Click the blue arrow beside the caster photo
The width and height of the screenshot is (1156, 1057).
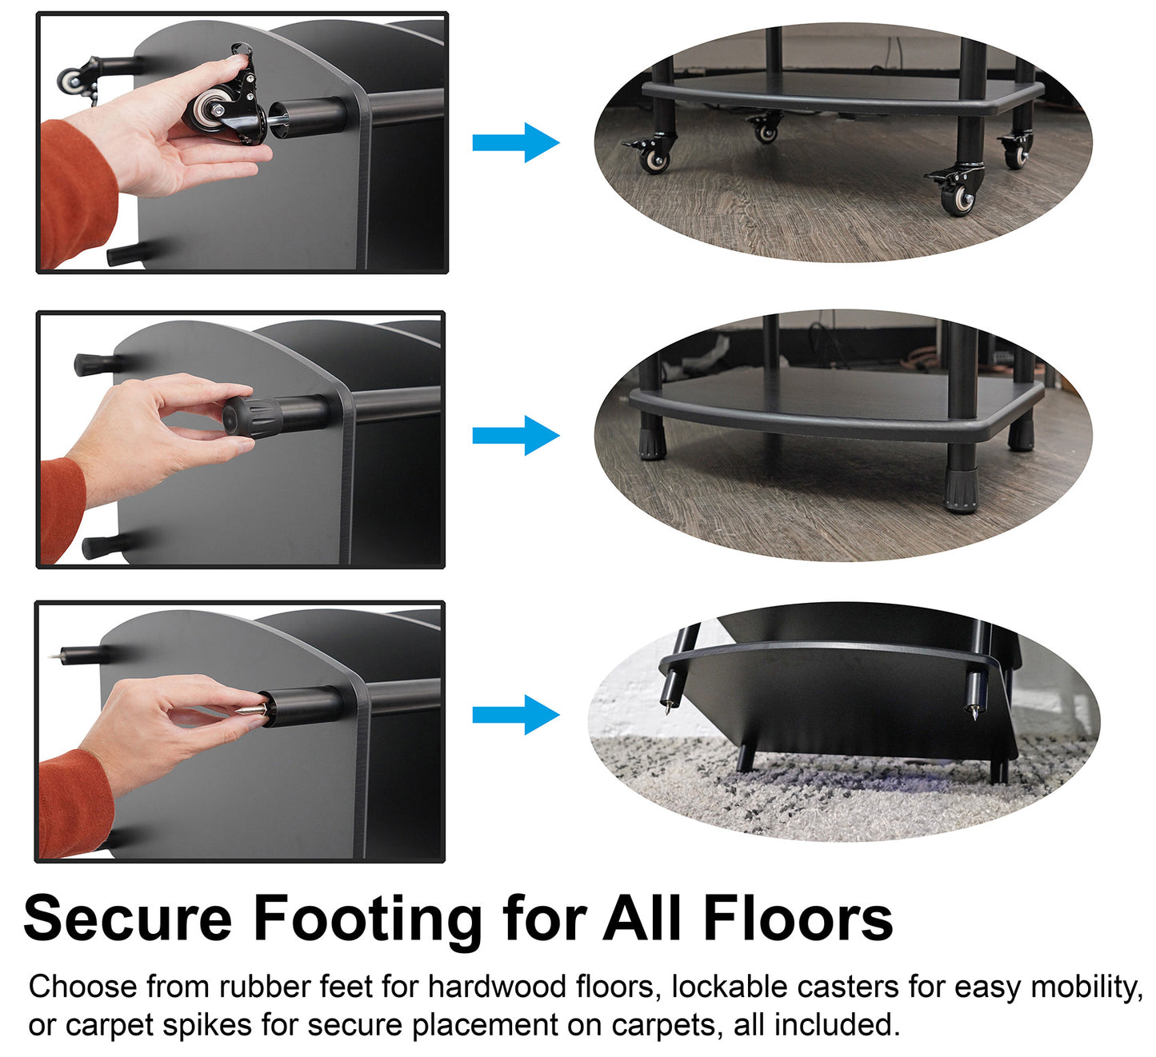(x=515, y=142)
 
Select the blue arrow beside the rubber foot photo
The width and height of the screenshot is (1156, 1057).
(x=515, y=435)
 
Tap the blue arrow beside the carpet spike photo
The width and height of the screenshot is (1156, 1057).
(x=515, y=714)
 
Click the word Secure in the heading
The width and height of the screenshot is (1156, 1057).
(x=128, y=919)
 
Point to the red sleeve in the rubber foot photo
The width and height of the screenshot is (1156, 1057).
(x=62, y=509)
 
